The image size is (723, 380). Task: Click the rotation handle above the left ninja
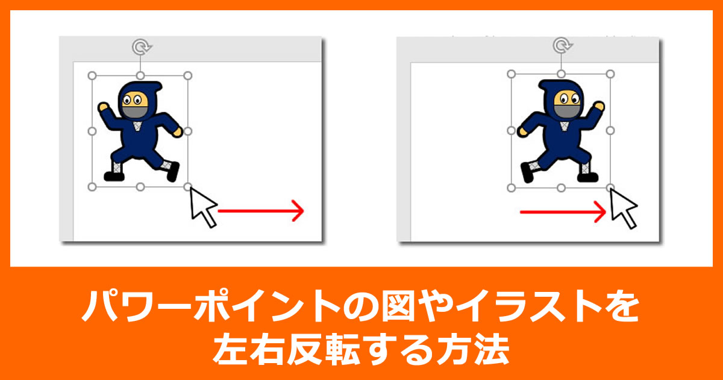142,47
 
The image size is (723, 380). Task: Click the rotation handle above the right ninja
562,45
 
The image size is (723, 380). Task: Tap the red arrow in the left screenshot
261,211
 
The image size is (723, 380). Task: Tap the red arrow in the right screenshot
563,212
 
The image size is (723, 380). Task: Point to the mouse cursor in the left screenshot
201,207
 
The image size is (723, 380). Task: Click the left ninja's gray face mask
135,112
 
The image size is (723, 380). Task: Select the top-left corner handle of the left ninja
92,75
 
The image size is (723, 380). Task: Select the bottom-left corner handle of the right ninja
511,188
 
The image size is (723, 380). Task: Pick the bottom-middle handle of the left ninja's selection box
140,187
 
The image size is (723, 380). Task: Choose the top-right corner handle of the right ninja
610,74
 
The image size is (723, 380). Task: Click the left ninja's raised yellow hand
103,107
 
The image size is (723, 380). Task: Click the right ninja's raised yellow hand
599,106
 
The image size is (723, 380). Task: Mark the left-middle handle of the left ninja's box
92,131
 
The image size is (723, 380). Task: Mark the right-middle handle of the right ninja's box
610,130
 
